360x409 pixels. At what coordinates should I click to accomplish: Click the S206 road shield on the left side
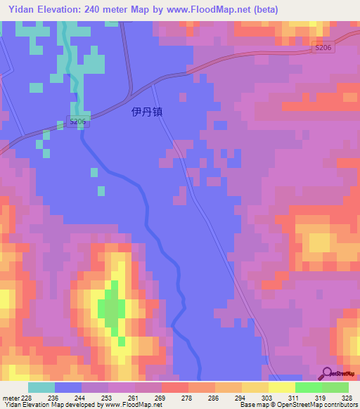click(x=77, y=122)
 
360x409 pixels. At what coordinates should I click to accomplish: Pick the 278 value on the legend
click(x=188, y=398)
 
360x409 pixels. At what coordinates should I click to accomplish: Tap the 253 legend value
click(x=108, y=398)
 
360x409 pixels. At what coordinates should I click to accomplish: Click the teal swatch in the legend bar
click(x=41, y=387)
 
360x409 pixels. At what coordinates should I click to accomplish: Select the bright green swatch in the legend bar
click(x=308, y=387)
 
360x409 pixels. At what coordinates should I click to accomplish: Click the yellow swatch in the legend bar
click(x=281, y=387)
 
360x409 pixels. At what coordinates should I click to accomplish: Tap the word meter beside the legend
click(x=9, y=398)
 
